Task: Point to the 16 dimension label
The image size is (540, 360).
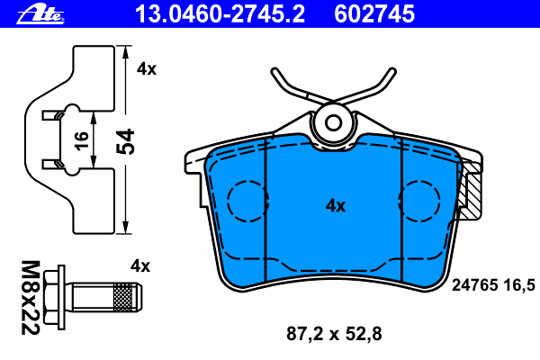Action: coord(80,139)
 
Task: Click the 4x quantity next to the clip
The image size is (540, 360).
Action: coord(147,68)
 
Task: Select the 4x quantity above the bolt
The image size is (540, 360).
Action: coord(139,265)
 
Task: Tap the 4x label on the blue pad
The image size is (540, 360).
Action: coord(335,205)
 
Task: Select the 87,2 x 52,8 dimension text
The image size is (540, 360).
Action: coord(328,334)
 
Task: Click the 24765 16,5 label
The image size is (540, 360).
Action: coord(492,284)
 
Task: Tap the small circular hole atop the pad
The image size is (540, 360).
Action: coord(335,121)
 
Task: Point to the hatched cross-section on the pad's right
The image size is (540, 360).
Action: coord(472,194)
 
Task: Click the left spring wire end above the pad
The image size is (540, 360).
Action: coord(277,74)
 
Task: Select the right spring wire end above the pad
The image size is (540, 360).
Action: coord(390,74)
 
